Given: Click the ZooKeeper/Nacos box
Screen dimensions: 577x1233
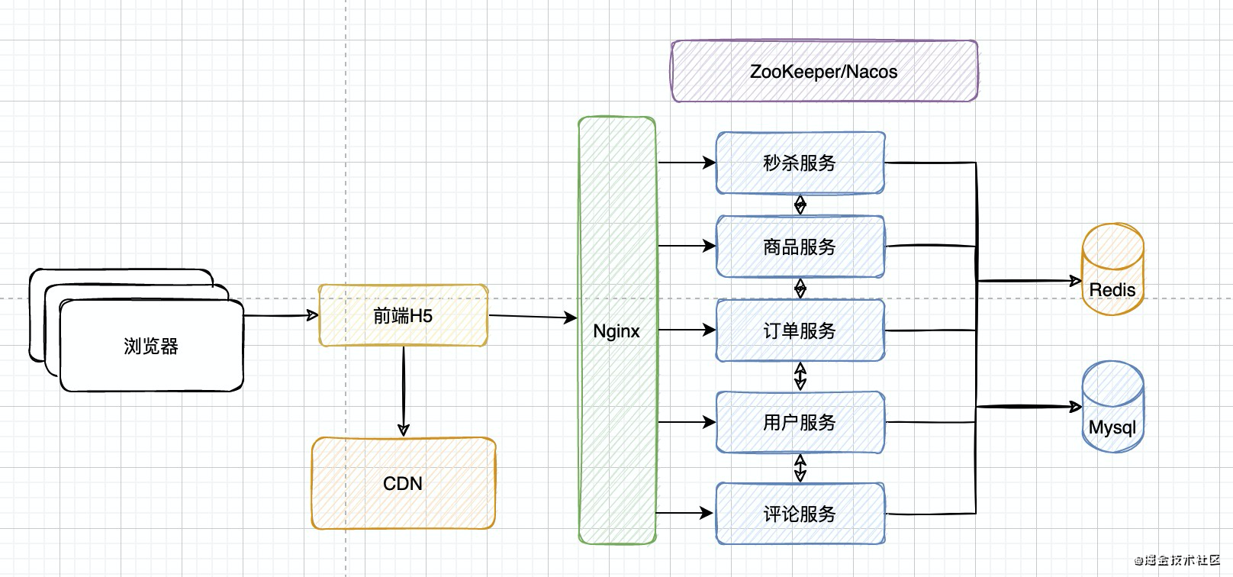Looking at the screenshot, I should point(824,71).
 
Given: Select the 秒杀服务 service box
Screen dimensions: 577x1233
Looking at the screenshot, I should point(800,163).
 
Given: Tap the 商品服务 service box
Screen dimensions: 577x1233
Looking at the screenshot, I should point(800,247).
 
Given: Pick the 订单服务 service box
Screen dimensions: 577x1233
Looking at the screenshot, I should point(800,330).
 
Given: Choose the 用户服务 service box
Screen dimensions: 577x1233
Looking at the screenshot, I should point(800,422).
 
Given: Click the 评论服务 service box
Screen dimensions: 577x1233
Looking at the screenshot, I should point(800,514).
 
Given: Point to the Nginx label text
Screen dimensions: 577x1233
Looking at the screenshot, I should point(616,331).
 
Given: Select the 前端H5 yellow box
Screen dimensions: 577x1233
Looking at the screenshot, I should point(403,315).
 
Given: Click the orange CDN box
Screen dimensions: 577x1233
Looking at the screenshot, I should point(403,483).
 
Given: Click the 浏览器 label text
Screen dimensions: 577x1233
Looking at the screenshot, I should point(151,347).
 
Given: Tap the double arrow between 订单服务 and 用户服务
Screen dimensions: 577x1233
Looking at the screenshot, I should point(800,376).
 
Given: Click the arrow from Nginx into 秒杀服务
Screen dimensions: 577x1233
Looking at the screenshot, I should point(687,163).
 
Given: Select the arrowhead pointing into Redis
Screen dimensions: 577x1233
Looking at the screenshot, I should point(1075,281).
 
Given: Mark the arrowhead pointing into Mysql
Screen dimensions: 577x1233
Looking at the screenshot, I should point(1075,407).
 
